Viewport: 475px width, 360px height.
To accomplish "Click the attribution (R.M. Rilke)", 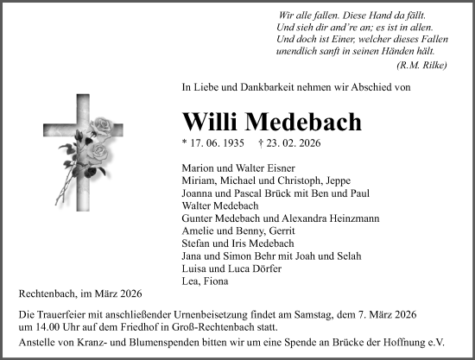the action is (x=421, y=66).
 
